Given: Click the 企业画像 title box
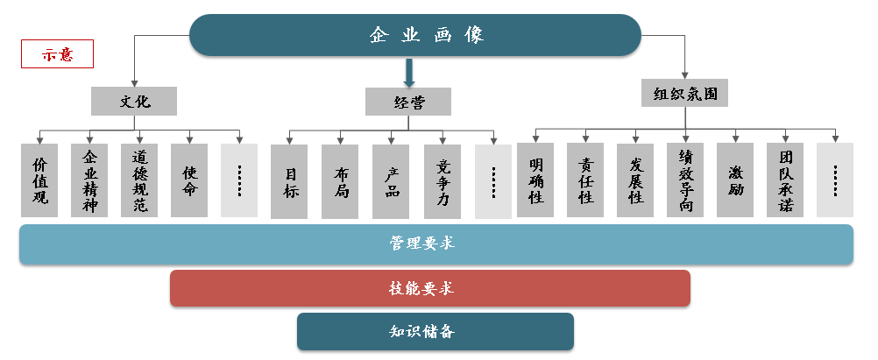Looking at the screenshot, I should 416,36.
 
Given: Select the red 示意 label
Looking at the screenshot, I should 57,54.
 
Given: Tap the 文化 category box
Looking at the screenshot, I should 134,101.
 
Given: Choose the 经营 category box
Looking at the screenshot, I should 408,102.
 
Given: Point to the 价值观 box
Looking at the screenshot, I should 39,180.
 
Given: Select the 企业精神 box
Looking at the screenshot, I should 89,180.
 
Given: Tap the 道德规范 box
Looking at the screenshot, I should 139,180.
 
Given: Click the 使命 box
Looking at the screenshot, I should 189,180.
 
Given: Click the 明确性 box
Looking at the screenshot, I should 535,180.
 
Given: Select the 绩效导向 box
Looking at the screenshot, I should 685,180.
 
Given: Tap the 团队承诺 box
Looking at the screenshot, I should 785,180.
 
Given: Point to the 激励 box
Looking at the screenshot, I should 735,180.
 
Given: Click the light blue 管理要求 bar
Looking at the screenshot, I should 436,244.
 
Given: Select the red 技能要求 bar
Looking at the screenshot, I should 429,288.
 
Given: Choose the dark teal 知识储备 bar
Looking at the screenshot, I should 435,332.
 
